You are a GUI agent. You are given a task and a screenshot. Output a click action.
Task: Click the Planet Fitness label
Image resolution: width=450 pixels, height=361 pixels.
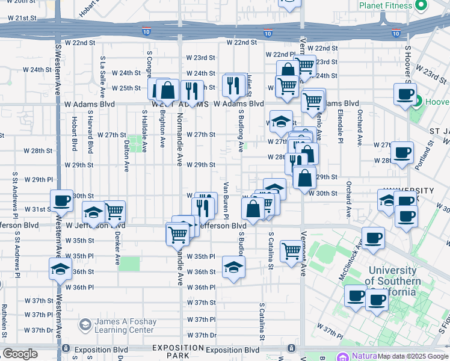pos(385,5)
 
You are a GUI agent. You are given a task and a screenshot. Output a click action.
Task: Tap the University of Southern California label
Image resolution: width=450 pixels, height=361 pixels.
pos(393,282)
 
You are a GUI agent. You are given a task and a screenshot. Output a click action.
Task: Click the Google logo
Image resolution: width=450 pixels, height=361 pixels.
pos(20,354)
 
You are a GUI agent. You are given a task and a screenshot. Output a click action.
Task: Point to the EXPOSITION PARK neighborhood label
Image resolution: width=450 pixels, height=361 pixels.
pos(178,352)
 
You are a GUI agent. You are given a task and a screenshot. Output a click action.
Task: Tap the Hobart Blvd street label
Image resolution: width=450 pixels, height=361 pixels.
pos(75,133)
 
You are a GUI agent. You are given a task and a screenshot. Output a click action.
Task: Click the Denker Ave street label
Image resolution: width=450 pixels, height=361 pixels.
pos(117,248)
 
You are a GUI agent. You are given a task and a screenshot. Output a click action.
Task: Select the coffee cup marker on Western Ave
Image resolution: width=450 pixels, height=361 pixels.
pos(61,202)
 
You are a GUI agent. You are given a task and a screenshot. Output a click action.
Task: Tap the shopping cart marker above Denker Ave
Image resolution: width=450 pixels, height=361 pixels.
pos(114,211)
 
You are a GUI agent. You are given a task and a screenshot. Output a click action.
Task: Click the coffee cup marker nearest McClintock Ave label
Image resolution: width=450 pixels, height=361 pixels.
pos(374,238)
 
